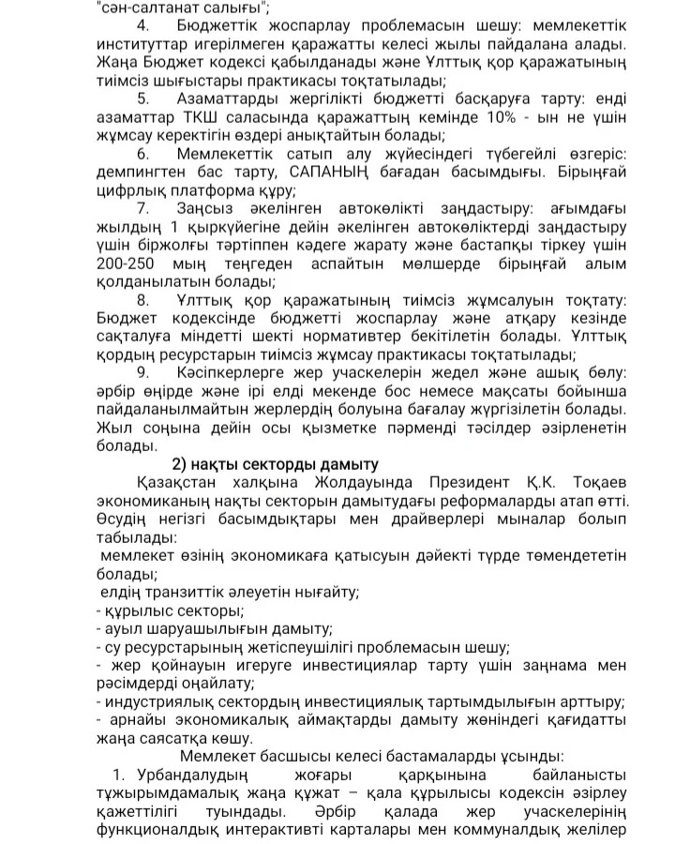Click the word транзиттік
[x=186, y=593]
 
